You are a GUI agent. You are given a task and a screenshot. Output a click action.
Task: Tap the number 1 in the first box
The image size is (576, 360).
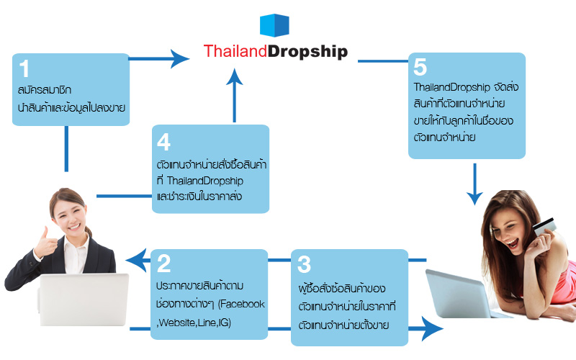(x=25, y=69)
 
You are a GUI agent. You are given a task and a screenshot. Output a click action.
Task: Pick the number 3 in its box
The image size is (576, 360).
(x=304, y=264)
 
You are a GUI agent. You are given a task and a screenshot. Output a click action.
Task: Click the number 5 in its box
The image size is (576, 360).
(x=420, y=67)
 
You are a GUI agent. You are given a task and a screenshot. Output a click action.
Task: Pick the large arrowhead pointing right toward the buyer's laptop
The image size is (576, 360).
(x=432, y=330)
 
